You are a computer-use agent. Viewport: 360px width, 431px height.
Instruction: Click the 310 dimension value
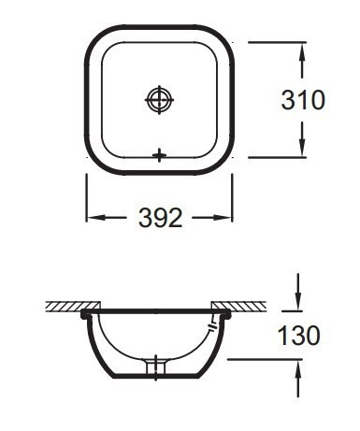303,100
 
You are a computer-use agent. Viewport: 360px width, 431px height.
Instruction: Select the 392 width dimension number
160,218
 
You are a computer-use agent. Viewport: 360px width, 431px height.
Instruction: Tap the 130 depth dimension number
299,334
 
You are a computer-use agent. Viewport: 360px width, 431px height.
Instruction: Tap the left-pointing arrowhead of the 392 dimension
94,218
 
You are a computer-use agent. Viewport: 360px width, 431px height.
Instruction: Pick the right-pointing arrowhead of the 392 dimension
225,218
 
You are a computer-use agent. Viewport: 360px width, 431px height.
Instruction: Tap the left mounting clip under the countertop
88,317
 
